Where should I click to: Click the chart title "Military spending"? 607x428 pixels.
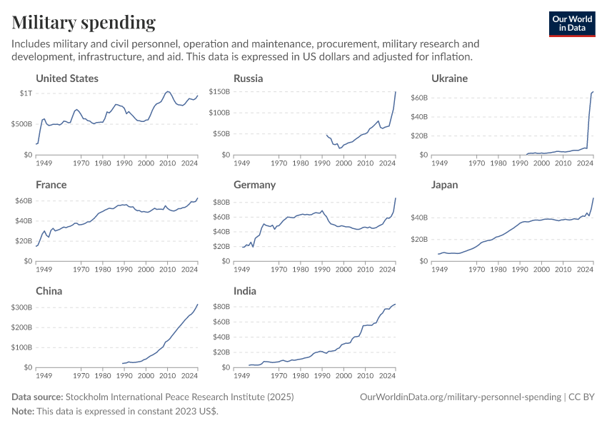(x=84, y=23)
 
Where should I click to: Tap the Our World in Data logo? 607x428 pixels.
(x=571, y=23)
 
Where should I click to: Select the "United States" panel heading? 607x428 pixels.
(x=67, y=78)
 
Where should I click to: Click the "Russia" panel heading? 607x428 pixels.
(x=248, y=78)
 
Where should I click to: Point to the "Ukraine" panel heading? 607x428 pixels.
(x=449, y=78)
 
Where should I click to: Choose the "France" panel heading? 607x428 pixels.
(x=51, y=185)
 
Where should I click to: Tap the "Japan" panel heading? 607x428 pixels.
(x=446, y=185)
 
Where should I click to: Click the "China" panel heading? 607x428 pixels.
(x=49, y=291)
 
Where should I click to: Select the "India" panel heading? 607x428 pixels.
(x=245, y=291)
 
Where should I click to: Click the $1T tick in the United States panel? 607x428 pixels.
(x=25, y=93)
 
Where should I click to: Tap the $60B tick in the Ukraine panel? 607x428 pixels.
(x=418, y=97)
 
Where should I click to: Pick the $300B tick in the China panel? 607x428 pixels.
(x=21, y=307)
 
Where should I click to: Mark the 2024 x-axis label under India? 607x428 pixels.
(x=387, y=375)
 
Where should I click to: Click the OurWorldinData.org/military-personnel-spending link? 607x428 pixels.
(x=460, y=397)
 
